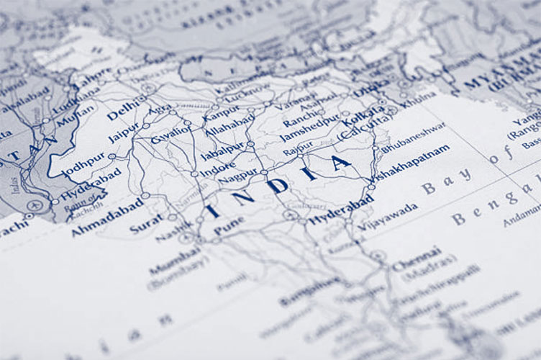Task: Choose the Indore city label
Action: pos(217,171)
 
